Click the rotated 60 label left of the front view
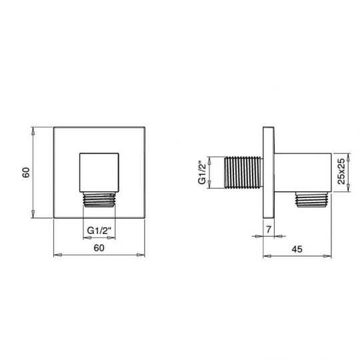(x=26, y=173)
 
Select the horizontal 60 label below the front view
(x=99, y=248)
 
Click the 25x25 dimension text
(x=341, y=172)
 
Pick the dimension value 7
(x=268, y=230)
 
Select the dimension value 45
(x=298, y=248)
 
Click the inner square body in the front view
(x=99, y=171)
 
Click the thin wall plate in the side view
(x=269, y=173)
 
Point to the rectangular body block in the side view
(x=302, y=172)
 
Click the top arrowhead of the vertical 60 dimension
(x=33, y=131)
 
